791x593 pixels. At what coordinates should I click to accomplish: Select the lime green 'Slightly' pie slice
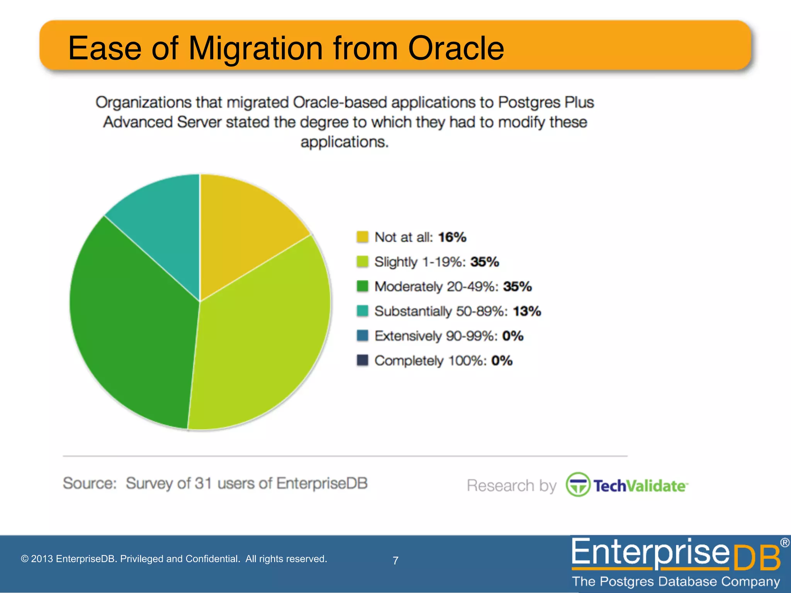(x=263, y=340)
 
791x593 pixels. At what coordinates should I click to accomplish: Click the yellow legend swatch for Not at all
(x=362, y=237)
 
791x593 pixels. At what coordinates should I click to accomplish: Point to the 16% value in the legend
(x=452, y=237)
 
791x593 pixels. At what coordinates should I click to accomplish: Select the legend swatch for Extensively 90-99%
(x=362, y=336)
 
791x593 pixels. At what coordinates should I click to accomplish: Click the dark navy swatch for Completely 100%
(x=362, y=361)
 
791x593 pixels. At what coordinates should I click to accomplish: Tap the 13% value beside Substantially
(x=527, y=311)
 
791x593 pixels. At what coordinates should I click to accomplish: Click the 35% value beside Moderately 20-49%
(x=518, y=286)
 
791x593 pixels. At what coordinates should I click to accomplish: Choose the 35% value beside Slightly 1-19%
(x=485, y=262)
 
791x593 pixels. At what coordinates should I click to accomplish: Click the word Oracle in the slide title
(x=456, y=49)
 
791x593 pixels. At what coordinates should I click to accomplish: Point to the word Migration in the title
(x=255, y=49)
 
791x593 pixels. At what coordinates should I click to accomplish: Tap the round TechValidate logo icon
(x=578, y=485)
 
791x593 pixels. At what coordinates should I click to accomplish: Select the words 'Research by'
(x=511, y=486)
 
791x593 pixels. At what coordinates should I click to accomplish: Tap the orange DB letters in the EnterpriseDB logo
(x=755, y=559)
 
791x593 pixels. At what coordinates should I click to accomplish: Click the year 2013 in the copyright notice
(x=42, y=559)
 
